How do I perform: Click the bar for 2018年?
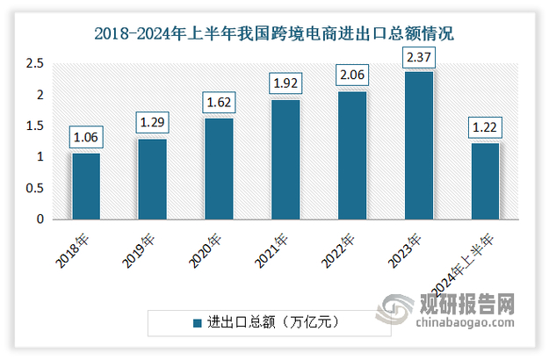[x=86, y=186]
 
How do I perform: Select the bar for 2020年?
[x=219, y=169]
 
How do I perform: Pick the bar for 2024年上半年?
[x=485, y=181]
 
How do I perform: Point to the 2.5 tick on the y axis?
[x=34, y=64]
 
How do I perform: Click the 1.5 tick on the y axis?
[x=34, y=126]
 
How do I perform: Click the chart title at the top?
[x=274, y=35]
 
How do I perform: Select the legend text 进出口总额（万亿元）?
[x=275, y=322]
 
